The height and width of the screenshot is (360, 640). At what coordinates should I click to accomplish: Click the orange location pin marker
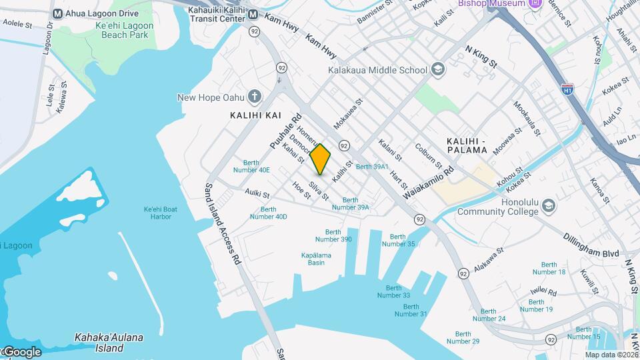pos(321,159)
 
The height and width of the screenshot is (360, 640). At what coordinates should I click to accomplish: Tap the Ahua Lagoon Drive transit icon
pos(57,13)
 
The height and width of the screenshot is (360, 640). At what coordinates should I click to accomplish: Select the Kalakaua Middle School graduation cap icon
pos(438,69)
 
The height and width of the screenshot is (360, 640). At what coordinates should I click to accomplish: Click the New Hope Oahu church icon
pos(254,97)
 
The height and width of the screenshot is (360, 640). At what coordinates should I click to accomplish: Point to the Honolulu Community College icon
pos(549,204)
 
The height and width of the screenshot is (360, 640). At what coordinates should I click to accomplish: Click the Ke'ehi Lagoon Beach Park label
pos(125,31)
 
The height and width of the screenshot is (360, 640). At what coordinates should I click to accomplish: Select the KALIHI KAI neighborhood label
pos(255,115)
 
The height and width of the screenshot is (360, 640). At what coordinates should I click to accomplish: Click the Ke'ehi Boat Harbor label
pos(161,213)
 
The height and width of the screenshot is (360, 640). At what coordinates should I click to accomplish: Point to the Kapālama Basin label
pos(313,259)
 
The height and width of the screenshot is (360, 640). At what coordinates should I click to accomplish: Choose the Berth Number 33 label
pos(393,291)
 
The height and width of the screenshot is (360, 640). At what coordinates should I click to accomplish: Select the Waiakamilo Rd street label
pos(429,183)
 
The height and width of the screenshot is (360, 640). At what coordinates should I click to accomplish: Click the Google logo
pos(22,351)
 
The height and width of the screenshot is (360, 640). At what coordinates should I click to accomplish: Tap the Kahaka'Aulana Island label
pos(109,342)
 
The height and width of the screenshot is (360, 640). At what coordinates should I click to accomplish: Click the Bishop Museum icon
pos(534,4)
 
